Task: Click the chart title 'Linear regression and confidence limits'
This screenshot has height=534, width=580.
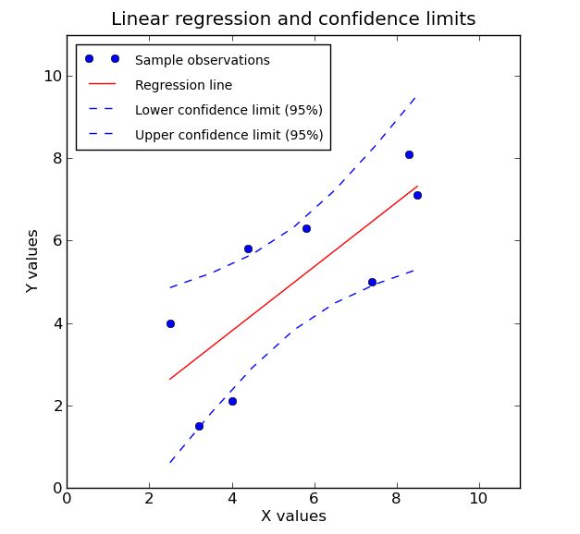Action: click(293, 19)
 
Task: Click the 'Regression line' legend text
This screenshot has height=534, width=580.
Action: click(183, 85)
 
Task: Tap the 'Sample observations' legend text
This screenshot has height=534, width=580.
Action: click(202, 60)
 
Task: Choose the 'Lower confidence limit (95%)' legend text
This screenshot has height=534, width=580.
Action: click(228, 110)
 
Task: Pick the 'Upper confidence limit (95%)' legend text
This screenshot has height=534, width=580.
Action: click(228, 135)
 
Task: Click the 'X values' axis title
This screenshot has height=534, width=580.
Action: click(293, 516)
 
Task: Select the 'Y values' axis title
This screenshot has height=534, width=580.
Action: click(32, 261)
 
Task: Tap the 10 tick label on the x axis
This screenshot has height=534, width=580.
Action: click(478, 499)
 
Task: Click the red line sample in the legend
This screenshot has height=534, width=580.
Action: click(102, 85)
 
